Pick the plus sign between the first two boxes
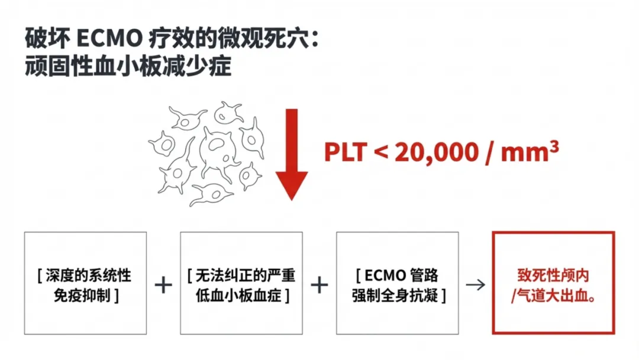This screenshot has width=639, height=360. click(163, 285)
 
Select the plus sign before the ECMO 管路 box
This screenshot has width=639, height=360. click(319, 285)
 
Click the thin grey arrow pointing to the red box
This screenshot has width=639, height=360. click(475, 285)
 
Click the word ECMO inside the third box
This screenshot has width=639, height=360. click(385, 276)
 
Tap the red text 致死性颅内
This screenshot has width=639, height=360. click(553, 276)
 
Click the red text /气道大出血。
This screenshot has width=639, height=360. click(553, 295)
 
